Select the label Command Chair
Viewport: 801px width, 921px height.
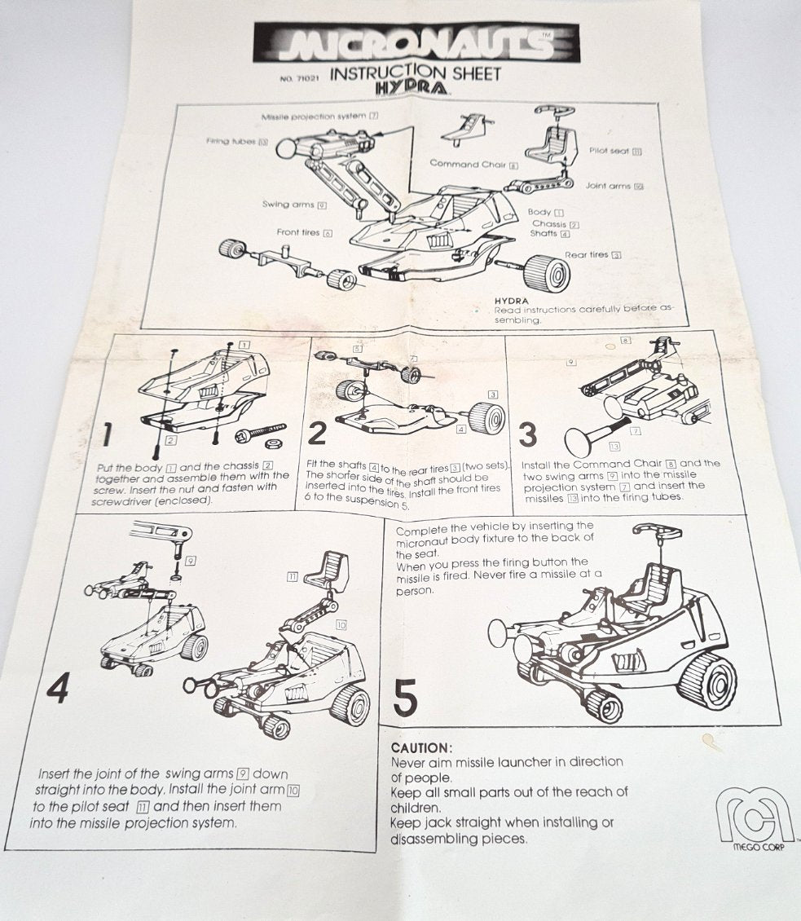coord(468,164)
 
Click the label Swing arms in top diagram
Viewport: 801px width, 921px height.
coord(288,205)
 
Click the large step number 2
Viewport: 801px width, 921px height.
coord(317,434)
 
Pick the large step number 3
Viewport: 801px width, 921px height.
coord(527,435)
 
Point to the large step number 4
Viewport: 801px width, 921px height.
coord(57,690)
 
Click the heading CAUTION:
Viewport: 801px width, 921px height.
coord(420,747)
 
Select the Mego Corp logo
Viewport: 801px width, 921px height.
coord(755,818)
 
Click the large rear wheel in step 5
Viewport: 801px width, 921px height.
coord(706,681)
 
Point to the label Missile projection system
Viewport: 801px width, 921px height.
coord(314,117)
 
